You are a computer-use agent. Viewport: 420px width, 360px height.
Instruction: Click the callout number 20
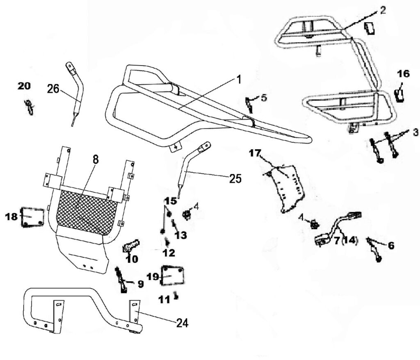(x=24, y=86)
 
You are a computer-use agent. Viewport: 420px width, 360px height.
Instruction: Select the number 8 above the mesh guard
(x=96, y=160)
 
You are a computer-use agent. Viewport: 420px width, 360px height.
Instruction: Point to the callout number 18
(x=11, y=216)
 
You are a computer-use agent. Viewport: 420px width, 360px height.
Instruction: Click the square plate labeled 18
(x=32, y=217)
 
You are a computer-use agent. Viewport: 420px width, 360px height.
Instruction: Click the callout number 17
(x=255, y=153)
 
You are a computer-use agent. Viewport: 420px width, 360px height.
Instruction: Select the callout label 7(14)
(x=345, y=241)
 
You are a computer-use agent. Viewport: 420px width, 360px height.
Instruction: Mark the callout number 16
(x=403, y=74)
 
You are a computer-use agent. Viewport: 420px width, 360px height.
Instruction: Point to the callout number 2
(x=383, y=11)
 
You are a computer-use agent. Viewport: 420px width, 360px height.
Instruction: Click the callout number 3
(x=415, y=132)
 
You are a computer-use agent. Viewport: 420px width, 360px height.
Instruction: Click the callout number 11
(x=164, y=300)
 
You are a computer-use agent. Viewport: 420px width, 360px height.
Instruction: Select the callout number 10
(x=132, y=259)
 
